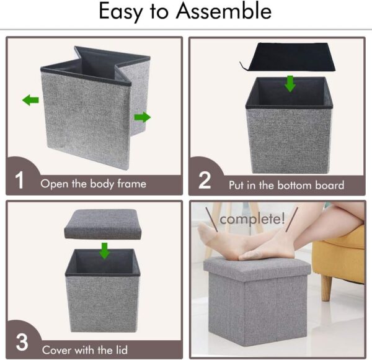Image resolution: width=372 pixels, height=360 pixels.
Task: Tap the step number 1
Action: (19, 181)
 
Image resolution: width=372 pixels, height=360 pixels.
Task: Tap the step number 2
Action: (205, 181)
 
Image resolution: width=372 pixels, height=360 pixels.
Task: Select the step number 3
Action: (21, 343)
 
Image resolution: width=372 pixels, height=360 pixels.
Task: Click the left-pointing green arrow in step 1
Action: (30, 100)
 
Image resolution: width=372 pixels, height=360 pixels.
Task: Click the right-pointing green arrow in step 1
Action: (142, 117)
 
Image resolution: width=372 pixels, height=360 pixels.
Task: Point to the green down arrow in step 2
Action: (290, 83)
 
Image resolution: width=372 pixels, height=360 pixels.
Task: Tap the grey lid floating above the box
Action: (103, 224)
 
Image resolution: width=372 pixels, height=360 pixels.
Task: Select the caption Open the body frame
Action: (94, 184)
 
